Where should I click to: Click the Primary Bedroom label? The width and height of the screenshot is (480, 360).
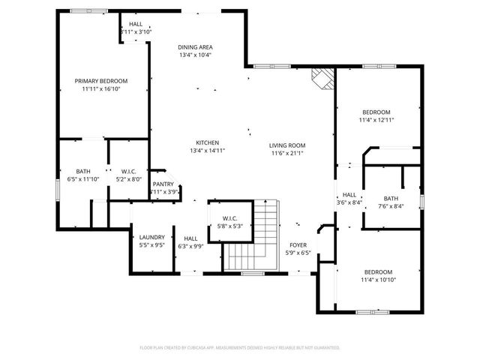[x=100, y=81]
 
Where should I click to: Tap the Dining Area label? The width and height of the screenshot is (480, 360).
[x=195, y=46]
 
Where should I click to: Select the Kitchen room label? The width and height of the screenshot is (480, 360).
[x=207, y=142]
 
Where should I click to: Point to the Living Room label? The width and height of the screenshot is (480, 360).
[x=288, y=145]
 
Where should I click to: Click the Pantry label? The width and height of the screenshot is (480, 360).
[x=163, y=184]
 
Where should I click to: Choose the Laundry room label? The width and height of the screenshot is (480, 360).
[x=151, y=237]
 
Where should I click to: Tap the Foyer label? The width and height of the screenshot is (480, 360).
[x=298, y=244]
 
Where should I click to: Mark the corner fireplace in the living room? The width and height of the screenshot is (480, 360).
[x=322, y=77]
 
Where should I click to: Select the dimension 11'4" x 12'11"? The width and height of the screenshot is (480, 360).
[x=376, y=119]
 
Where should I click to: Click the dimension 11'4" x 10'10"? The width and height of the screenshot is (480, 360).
[x=379, y=280]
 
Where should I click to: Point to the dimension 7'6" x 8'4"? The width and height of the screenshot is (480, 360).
[x=391, y=205]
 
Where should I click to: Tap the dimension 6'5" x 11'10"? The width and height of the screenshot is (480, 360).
[x=83, y=179]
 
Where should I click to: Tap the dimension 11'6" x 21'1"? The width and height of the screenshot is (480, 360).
[x=288, y=154]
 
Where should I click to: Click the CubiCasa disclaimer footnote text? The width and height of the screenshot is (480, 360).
[x=240, y=347]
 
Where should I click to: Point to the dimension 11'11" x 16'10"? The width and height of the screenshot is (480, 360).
[x=100, y=88]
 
